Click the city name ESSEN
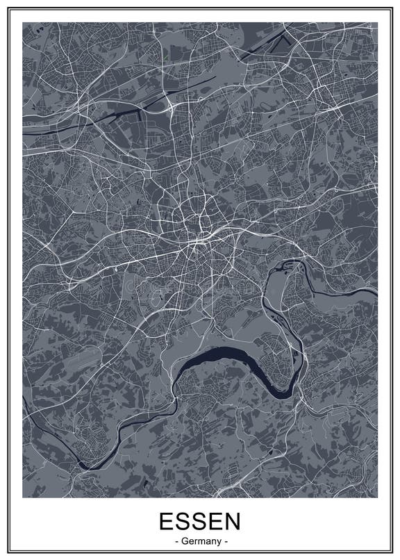(200, 522)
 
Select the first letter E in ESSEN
(166, 522)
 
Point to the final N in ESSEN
(232, 522)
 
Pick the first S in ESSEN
(183, 522)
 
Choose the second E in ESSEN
(215, 522)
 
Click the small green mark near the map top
(167, 54)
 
